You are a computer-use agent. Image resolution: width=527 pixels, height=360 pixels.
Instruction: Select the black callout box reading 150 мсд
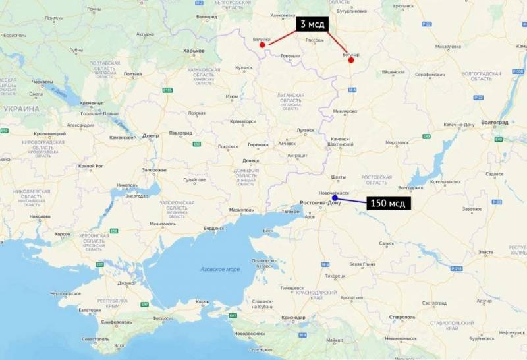click(388, 203)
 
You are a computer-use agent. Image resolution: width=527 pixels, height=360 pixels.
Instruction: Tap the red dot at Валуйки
click(262, 45)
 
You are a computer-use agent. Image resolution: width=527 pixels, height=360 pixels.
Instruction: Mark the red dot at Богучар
click(351, 60)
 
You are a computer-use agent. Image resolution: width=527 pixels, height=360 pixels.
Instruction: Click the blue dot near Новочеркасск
click(335, 198)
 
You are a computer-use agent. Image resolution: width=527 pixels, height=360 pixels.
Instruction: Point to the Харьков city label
click(194, 50)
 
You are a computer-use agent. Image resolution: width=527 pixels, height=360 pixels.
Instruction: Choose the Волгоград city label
click(495, 122)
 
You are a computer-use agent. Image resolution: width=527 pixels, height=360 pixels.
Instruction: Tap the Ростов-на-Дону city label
click(319, 202)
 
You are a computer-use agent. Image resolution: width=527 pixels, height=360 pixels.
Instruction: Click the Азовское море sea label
click(219, 268)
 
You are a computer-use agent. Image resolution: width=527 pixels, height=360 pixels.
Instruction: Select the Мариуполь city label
click(242, 210)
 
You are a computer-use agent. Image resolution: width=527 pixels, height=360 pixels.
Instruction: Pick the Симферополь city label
click(117, 322)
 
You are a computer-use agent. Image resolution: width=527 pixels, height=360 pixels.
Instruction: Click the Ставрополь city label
click(402, 317)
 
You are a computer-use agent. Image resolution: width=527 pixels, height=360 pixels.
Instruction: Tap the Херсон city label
click(63, 234)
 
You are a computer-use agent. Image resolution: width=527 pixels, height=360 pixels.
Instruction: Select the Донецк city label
click(251, 160)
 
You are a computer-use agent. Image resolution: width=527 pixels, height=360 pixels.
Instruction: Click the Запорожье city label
click(154, 170)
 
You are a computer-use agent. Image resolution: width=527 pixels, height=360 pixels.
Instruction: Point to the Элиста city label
click(485, 252)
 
